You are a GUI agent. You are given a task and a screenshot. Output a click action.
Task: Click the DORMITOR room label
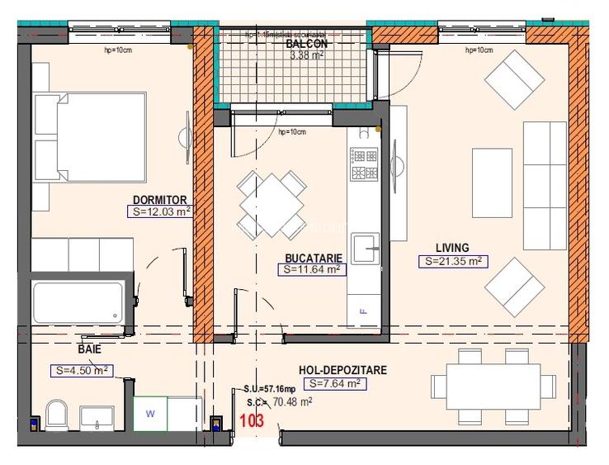click(x=161, y=199)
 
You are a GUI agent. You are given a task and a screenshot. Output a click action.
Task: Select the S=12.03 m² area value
click(x=162, y=211)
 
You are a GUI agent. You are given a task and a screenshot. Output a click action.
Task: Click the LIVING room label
click(x=452, y=248)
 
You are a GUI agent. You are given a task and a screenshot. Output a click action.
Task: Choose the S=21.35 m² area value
click(x=452, y=261)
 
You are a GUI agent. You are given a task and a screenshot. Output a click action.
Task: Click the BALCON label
click(x=309, y=44)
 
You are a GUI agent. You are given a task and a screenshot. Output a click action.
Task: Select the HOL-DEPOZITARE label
click(x=344, y=371)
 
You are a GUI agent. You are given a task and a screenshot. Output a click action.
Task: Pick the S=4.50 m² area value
click(x=81, y=370)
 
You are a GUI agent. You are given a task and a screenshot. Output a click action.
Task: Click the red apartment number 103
click(x=251, y=420)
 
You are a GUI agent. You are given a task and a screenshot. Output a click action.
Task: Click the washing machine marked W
click(x=151, y=412)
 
